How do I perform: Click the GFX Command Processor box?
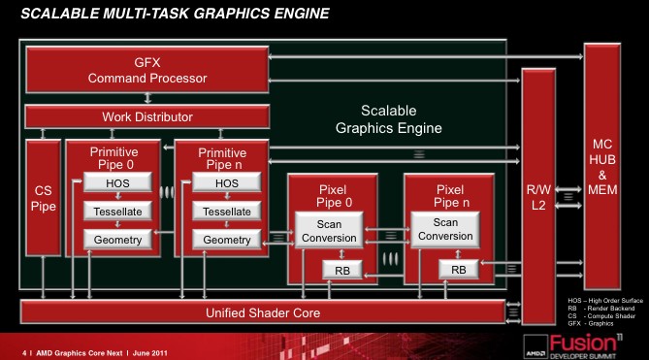pos(146,70)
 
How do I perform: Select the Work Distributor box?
pos(146,116)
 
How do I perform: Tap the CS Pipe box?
pos(43,198)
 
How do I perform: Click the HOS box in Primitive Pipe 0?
pos(117,182)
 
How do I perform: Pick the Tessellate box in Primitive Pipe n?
pos(227,212)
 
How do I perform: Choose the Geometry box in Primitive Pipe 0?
pos(117,240)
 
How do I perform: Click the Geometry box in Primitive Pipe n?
pos(227,240)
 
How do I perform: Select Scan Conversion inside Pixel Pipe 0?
pos(329,231)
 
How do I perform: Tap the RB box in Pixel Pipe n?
pos(459,270)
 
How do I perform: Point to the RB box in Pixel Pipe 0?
pos(342,271)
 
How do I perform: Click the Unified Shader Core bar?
pos(263,312)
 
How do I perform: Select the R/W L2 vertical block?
pos(538,197)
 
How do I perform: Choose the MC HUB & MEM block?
pos(602,167)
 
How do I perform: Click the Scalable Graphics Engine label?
pos(389,119)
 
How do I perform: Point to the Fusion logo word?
pos(583,344)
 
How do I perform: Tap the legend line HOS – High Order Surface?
pos(605,301)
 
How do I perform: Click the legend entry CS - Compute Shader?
pos(601,315)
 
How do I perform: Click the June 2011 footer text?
pos(149,353)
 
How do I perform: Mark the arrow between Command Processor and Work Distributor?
pos(147,98)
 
